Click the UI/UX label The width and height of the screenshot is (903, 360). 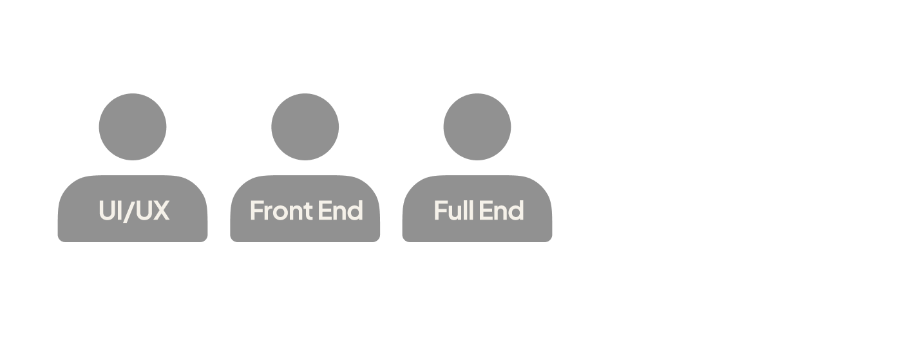point(134,211)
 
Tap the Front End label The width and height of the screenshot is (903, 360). point(306,211)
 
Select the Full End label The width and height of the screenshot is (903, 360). point(478,211)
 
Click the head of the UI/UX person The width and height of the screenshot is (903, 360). point(133,126)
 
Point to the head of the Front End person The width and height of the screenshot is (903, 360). point(305,126)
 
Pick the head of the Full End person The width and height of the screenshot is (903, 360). point(477,126)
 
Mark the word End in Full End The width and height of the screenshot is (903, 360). point(505,211)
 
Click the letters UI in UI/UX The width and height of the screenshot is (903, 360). point(109,211)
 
